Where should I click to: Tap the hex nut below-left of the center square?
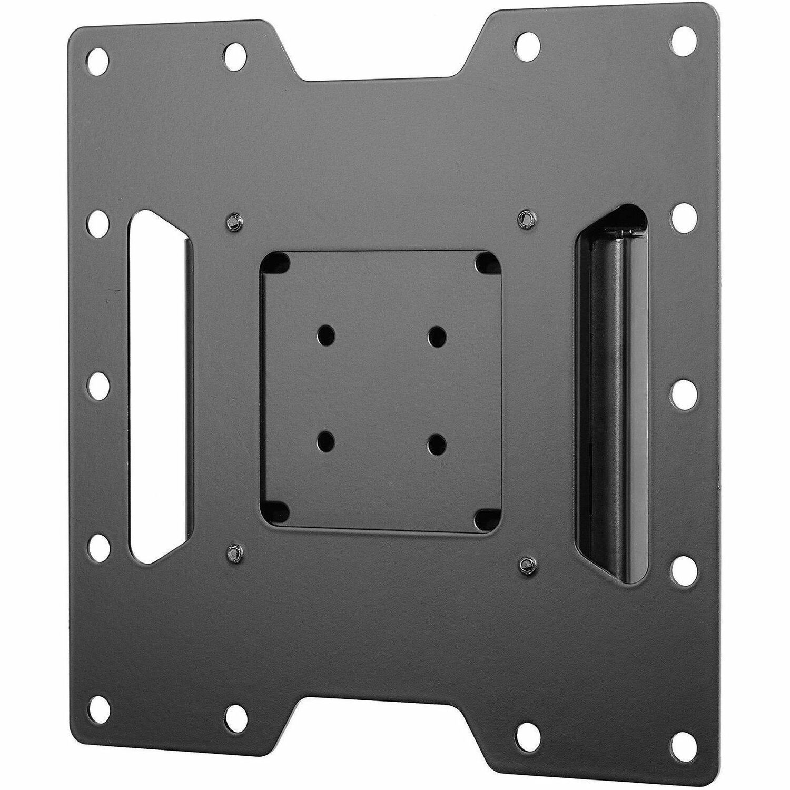[232, 552]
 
